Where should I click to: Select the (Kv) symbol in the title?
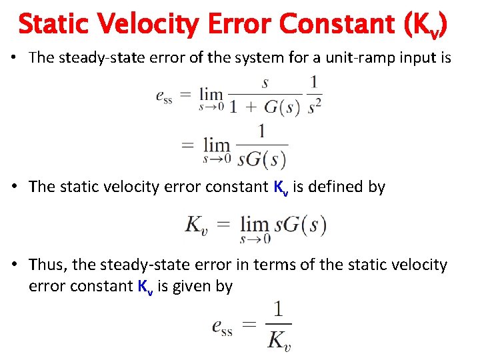click(x=425, y=25)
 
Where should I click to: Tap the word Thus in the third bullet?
click(x=48, y=265)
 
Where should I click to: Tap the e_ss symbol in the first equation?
click(x=164, y=95)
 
